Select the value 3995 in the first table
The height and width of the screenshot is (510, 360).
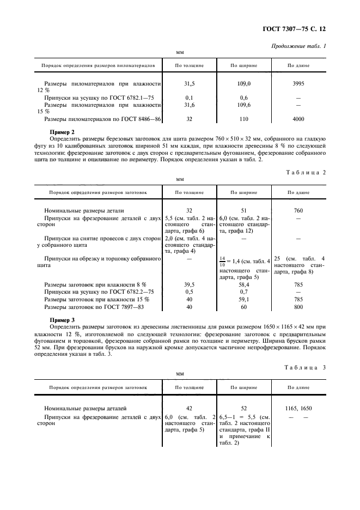(298, 84)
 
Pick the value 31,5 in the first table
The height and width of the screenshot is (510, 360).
(189, 84)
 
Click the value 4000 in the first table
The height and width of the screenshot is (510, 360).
(298, 119)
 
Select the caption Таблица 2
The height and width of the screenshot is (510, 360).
(306, 172)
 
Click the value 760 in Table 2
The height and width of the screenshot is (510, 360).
(298, 210)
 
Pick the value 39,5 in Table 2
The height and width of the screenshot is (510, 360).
(189, 284)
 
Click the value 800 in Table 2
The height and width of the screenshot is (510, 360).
(298, 307)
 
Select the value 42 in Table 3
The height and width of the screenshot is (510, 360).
(189, 408)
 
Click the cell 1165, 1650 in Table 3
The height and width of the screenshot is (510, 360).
(298, 408)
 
